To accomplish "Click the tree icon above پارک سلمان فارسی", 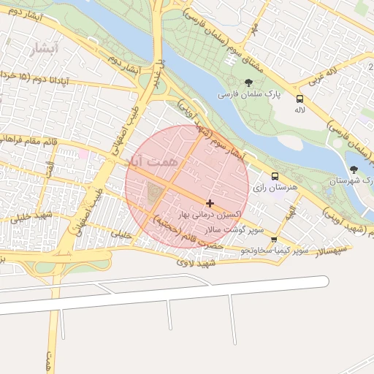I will [249, 83].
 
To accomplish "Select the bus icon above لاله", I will [299, 99].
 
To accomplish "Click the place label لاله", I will [299, 110].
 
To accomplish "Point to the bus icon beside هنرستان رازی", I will [275, 176].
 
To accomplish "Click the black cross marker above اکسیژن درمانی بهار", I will [210, 203].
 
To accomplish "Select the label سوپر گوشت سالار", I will [234, 229].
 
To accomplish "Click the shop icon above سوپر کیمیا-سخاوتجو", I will [274, 239].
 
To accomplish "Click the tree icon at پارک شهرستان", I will [354, 169].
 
